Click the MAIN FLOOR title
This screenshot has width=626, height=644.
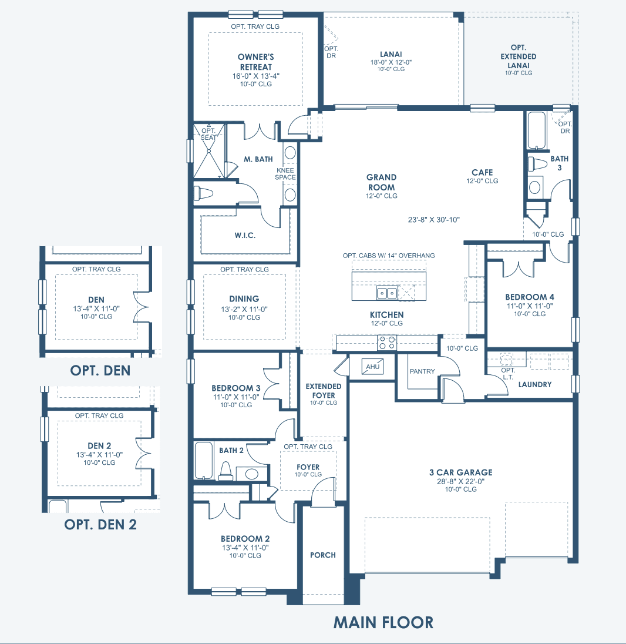pos(383,623)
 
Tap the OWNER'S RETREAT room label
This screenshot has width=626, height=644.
pos(255,62)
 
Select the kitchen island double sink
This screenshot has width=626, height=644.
pos(387,293)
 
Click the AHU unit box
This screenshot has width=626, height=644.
pos(372,367)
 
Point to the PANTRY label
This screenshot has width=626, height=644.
pos(422,371)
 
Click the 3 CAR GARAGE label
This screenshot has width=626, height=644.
pos(460,472)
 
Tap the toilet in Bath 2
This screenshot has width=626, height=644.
pos(226,471)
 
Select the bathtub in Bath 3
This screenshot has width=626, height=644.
pos(536,130)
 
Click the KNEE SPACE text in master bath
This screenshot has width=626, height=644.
pos(285,174)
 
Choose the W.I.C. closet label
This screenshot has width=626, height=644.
pos(245,236)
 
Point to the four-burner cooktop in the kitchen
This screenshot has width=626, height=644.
pos(387,343)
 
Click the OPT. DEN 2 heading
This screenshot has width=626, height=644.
pos(100,525)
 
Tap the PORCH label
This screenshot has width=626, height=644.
pos(322,555)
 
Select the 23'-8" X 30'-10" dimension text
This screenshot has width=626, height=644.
pos(433,220)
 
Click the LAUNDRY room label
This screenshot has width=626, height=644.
pos(535,384)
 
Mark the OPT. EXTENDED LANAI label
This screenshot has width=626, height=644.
pos(519,56)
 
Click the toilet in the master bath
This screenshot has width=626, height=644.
pos(204,193)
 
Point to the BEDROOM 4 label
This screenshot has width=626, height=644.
pos(530,297)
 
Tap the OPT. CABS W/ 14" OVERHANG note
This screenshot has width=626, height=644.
pos(389,256)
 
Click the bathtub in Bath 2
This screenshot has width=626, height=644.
pos(204,461)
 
